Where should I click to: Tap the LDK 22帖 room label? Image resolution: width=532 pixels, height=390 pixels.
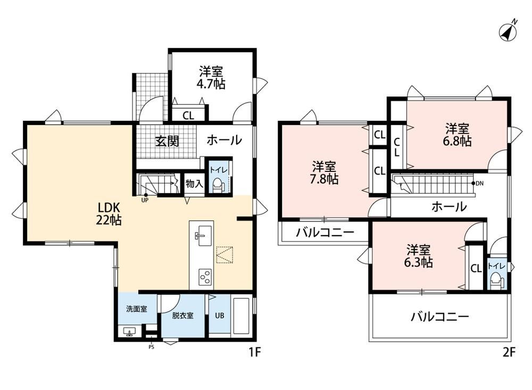point(109,214)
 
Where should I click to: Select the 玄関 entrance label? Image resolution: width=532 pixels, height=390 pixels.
point(167,141)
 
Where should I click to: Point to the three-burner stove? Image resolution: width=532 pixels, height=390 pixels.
point(205,277)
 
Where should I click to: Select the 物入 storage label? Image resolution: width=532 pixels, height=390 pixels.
point(194,184)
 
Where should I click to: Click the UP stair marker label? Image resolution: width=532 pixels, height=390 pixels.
point(145,200)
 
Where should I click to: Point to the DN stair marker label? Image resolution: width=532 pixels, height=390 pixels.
point(479,184)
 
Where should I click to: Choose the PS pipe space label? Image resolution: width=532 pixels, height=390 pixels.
point(151,347)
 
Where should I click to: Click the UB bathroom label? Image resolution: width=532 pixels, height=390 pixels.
point(220,316)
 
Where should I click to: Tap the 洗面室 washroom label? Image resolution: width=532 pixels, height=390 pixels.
point(136,309)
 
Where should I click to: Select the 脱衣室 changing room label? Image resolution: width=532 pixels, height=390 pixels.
point(182,316)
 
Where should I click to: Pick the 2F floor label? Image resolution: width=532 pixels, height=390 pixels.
point(509,352)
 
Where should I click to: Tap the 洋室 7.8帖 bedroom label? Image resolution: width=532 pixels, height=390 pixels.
point(325,173)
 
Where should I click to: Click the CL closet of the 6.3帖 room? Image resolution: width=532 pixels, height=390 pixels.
point(476,268)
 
